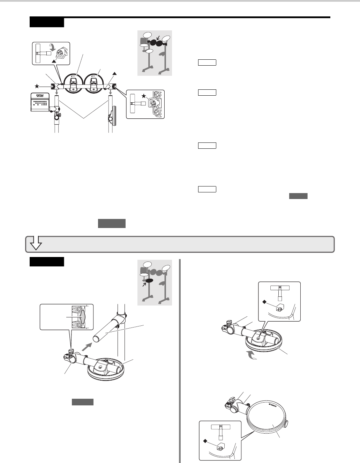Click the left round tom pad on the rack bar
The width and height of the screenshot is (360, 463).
[x=73, y=84]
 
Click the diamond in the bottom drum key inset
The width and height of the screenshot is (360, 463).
[x=205, y=442]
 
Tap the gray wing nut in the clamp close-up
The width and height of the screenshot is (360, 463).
[x=82, y=316]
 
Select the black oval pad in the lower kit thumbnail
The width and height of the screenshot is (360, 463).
[x=150, y=280]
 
